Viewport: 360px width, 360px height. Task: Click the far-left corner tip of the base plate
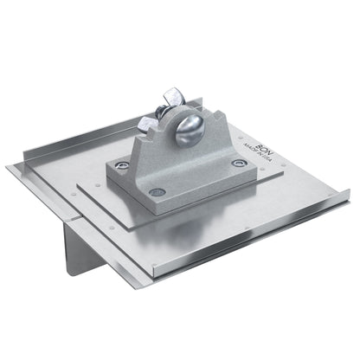(10, 166)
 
